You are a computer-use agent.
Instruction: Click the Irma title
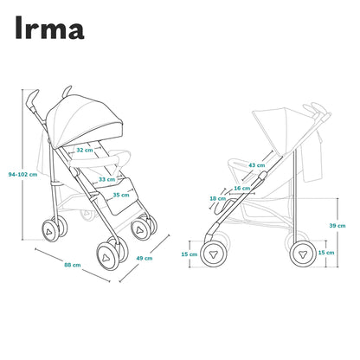tap(49, 28)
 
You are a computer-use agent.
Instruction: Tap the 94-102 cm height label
tap(22, 175)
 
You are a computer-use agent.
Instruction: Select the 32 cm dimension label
tap(85, 150)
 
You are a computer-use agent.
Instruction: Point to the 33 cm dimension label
tap(107, 179)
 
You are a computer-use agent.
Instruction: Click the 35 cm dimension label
tap(121, 195)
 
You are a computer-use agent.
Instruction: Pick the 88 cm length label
tap(73, 265)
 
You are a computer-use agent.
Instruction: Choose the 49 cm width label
tap(145, 258)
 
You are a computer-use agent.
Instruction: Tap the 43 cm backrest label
tap(257, 165)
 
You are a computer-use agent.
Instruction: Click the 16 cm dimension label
tap(242, 189)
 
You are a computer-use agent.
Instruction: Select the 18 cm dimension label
tap(218, 198)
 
